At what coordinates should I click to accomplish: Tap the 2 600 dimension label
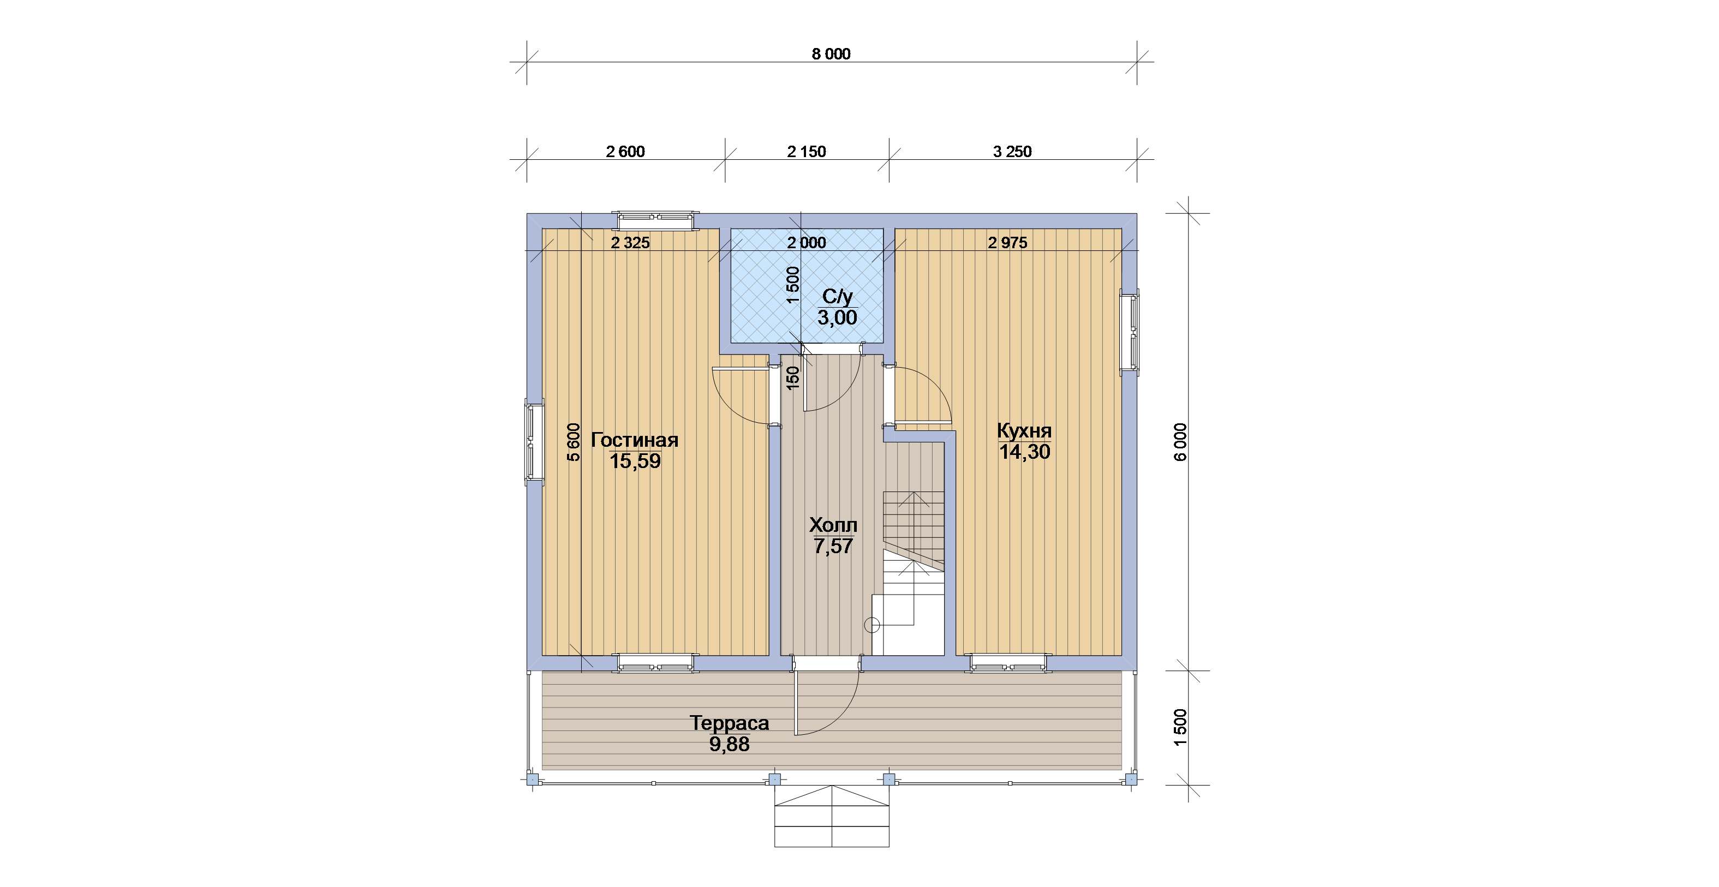(x=625, y=152)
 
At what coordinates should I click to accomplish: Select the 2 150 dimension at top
(x=806, y=152)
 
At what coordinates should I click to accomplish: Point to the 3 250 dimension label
(x=1012, y=152)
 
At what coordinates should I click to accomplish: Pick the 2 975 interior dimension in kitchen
(x=1007, y=243)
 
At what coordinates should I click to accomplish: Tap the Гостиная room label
(x=635, y=440)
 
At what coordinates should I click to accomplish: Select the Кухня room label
(x=1024, y=431)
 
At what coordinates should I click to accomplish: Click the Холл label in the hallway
(x=833, y=525)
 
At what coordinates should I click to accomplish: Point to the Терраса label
(x=730, y=723)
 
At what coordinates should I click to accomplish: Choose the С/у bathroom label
(x=838, y=297)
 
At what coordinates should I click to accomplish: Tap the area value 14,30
(x=1024, y=452)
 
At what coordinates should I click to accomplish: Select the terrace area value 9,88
(x=730, y=744)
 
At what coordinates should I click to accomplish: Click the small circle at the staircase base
(x=872, y=625)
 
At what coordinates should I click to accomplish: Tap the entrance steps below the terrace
(x=832, y=817)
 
